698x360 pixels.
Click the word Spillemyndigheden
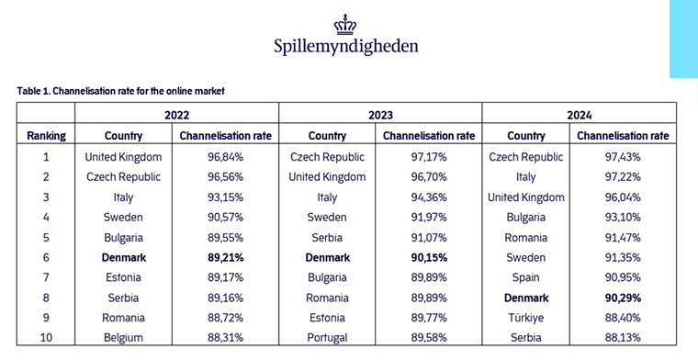(x=347, y=45)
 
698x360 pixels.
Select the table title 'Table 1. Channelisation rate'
(x=120, y=91)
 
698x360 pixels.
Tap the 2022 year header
(x=176, y=116)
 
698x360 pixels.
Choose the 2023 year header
(x=379, y=116)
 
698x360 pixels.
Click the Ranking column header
(x=46, y=136)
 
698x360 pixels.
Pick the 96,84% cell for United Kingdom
(x=225, y=157)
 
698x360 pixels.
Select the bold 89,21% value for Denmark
(x=225, y=258)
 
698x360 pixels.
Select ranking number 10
(x=46, y=339)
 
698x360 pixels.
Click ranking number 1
(x=46, y=157)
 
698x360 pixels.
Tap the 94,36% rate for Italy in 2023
(x=428, y=197)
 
